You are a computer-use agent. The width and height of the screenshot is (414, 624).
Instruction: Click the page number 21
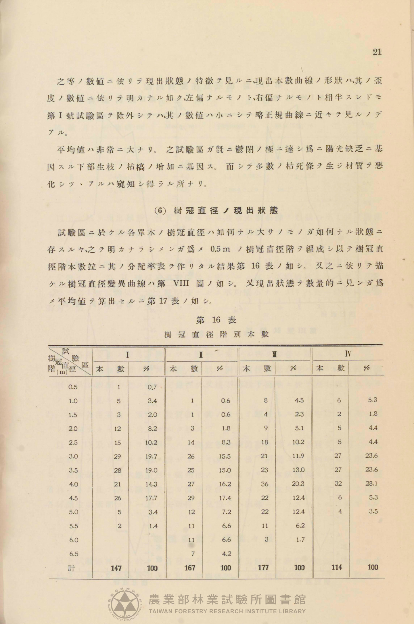pyautogui.click(x=377, y=52)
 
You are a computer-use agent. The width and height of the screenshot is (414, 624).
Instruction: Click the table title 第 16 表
pyautogui.click(x=216, y=320)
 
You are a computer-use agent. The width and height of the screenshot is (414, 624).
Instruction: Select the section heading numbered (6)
pyautogui.click(x=216, y=211)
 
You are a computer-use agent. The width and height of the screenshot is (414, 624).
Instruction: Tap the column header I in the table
pyautogui.click(x=128, y=355)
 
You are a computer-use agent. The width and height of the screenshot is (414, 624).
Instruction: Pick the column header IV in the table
pyautogui.click(x=348, y=354)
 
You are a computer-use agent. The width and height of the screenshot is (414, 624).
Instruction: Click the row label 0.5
pyautogui.click(x=73, y=387)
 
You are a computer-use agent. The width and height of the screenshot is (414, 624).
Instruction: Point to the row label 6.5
pyautogui.click(x=74, y=554)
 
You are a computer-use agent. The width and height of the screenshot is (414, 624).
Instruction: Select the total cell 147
pyautogui.click(x=116, y=568)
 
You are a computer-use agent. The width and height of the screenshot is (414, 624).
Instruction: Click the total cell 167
pyautogui.click(x=190, y=568)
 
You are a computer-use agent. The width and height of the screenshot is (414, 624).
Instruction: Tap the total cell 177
pyautogui.click(x=263, y=567)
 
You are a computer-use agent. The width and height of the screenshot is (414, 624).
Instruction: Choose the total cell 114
pyautogui.click(x=337, y=567)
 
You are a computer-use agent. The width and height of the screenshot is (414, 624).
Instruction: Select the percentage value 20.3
pyautogui.click(x=298, y=484)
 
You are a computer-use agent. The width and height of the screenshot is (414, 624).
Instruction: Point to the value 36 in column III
pyautogui.click(x=265, y=484)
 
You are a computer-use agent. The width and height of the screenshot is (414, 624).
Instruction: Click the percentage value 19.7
pyautogui.click(x=151, y=456)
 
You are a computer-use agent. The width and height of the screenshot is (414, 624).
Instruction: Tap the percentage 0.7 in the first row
pyautogui.click(x=152, y=387)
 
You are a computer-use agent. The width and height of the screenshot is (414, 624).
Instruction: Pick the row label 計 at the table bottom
pyautogui.click(x=71, y=568)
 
